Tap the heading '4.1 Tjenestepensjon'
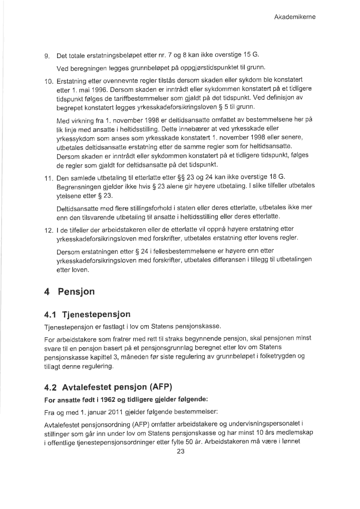point(87,314)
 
